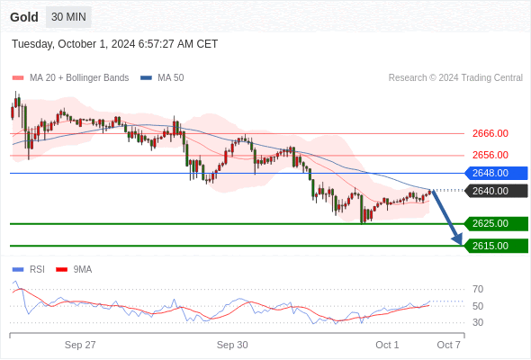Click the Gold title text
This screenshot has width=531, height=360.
click(24, 17)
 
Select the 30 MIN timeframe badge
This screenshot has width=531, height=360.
click(68, 17)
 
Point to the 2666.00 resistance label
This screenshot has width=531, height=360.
click(490, 133)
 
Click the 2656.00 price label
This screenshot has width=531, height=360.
click(490, 155)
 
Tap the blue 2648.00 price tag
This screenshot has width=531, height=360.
click(496, 173)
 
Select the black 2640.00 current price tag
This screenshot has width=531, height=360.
click(496, 191)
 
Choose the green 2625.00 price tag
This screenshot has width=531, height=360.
click(496, 223)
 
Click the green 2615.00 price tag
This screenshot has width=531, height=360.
click(496, 246)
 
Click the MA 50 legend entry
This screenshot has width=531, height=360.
click(162, 78)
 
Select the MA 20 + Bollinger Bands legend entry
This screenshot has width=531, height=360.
click(70, 78)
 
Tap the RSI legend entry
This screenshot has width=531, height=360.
click(29, 270)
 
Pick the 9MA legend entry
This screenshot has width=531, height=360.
click(74, 270)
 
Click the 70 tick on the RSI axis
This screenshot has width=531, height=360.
click(478, 289)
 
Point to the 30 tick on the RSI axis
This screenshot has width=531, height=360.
click(478, 322)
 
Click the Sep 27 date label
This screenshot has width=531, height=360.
click(80, 345)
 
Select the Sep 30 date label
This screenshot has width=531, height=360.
click(232, 345)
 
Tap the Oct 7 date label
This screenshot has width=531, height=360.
click(449, 345)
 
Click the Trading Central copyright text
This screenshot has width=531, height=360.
click(455, 78)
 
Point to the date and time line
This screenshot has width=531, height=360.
click(115, 44)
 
